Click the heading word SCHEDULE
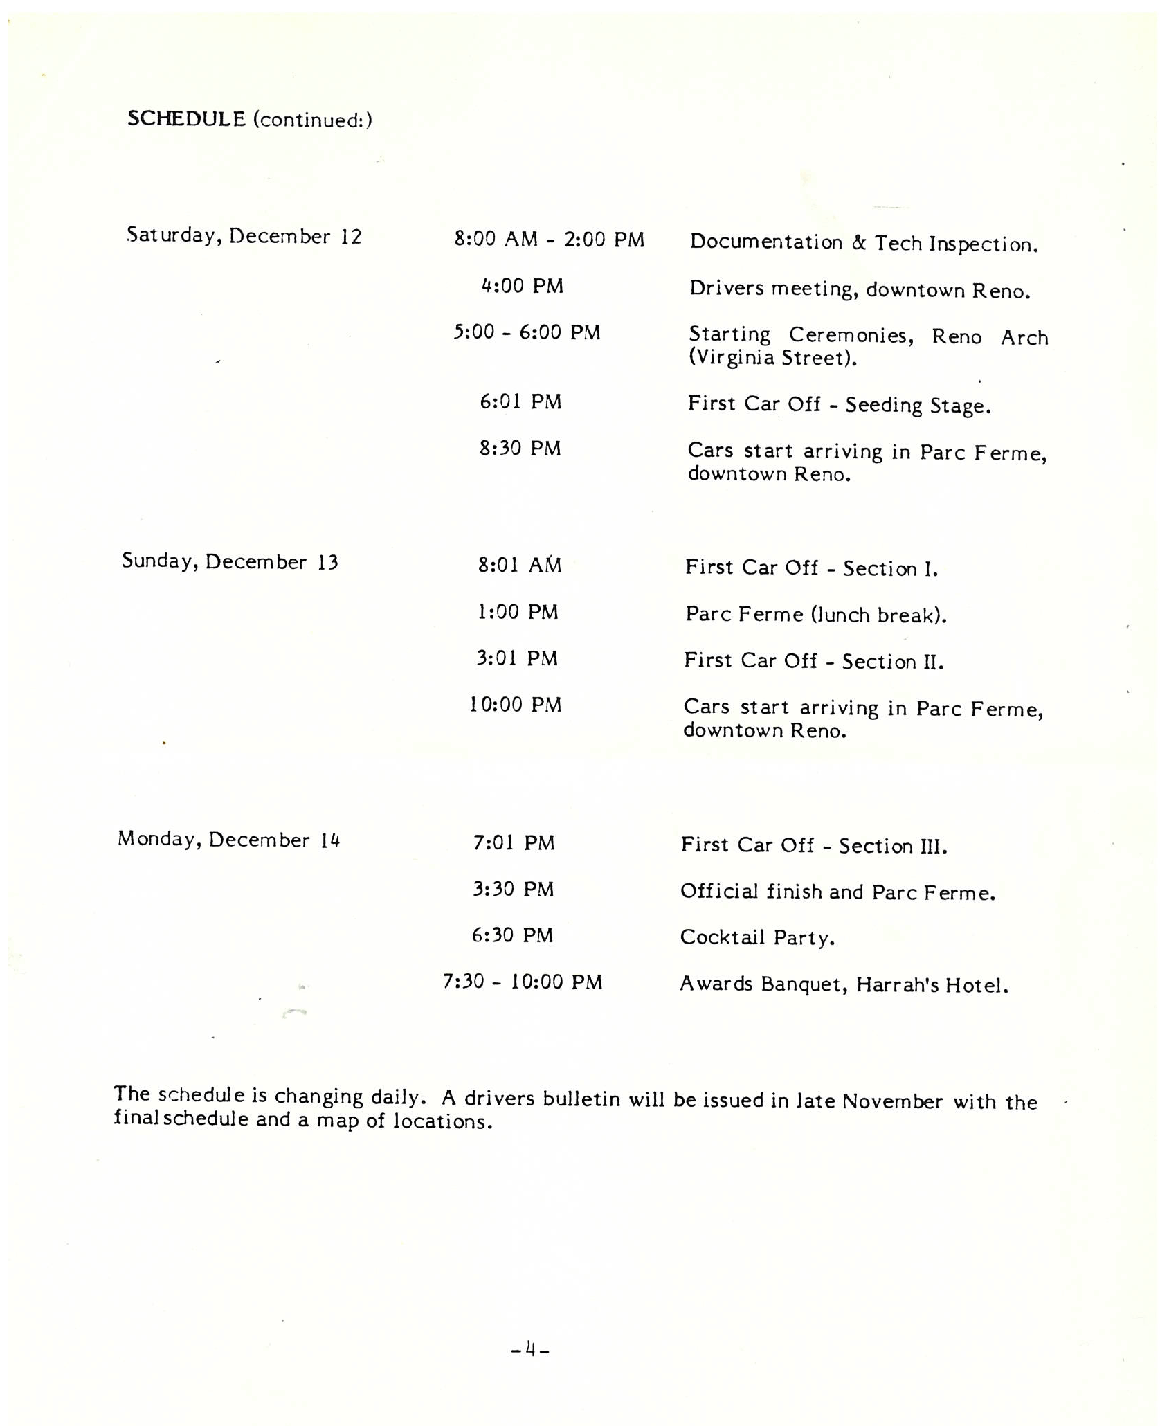[x=186, y=119]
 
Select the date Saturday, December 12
[x=244, y=236]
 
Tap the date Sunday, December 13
[x=230, y=561]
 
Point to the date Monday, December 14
[x=228, y=840]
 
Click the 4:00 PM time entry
[x=523, y=286]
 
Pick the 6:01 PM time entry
[x=520, y=401]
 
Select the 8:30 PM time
[x=520, y=449]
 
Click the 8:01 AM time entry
[x=519, y=566]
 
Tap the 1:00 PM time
[x=518, y=612]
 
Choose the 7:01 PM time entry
[x=514, y=843]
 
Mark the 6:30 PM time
[x=512, y=936]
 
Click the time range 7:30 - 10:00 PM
[x=523, y=982]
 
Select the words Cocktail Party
[x=757, y=937]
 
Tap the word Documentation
[x=766, y=242]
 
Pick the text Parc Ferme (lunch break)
[x=815, y=615]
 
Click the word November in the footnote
[x=892, y=1101]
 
